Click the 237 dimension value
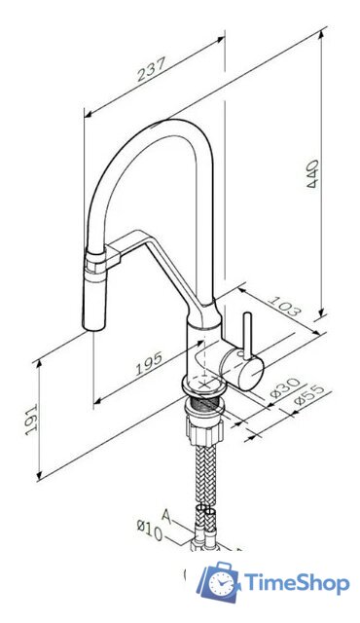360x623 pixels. point(151,69)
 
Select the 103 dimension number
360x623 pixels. point(284,306)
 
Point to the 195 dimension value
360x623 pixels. point(149,363)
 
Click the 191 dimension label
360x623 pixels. point(31,420)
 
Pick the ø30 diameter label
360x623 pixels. point(286,387)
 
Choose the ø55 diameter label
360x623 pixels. point(310,395)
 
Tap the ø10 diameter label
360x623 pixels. point(150,531)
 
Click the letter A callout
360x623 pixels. point(167,517)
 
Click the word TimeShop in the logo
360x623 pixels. point(297,583)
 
